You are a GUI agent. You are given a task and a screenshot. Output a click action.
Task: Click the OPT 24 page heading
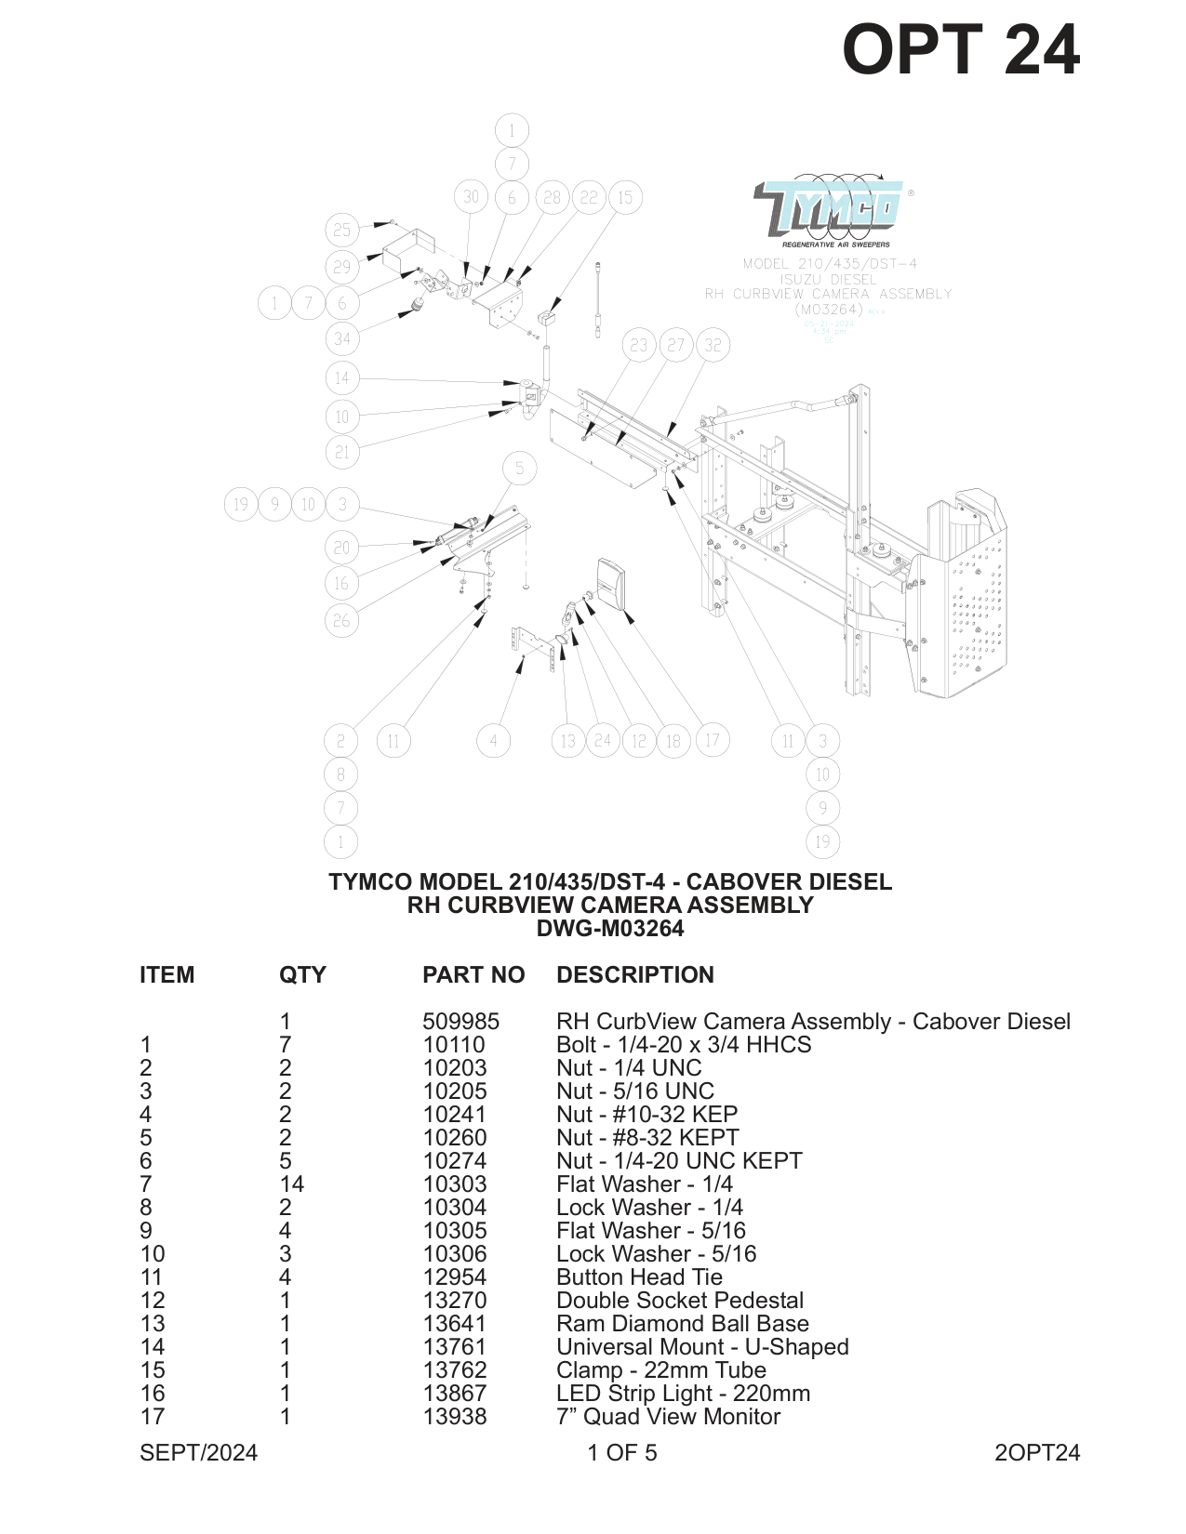tap(960, 50)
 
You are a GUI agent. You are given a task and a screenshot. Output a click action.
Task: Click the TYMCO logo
tap(828, 209)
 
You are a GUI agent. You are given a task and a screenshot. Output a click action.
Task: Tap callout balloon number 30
tap(472, 197)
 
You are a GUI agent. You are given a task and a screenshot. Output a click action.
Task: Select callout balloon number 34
tap(342, 338)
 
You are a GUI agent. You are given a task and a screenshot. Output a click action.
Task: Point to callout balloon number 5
tap(519, 469)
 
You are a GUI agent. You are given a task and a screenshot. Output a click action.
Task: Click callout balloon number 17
tap(712, 740)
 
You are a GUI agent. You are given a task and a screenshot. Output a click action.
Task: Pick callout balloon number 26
tap(341, 620)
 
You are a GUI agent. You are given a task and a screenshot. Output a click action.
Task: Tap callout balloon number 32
tap(713, 345)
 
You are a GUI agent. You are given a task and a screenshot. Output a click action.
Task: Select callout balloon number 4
tap(493, 741)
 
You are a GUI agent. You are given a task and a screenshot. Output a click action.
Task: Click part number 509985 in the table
tap(460, 1021)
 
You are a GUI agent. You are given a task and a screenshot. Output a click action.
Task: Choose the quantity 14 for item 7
tap(291, 1184)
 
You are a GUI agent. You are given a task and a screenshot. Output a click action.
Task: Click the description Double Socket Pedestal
tap(679, 1300)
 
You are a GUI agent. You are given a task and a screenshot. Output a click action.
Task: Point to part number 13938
tap(455, 1416)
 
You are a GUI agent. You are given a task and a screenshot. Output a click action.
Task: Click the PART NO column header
tap(473, 974)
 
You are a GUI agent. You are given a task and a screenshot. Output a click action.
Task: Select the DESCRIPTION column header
tap(634, 974)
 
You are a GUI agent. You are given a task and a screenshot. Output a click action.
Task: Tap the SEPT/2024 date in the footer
tap(198, 1452)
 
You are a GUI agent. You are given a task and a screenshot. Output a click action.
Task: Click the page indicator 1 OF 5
tap(621, 1452)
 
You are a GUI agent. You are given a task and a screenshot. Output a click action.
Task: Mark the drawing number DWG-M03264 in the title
tap(609, 928)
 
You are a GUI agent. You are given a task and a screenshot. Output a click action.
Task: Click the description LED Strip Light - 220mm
tap(683, 1393)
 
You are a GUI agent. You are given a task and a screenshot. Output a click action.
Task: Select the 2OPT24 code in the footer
tap(1036, 1452)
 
